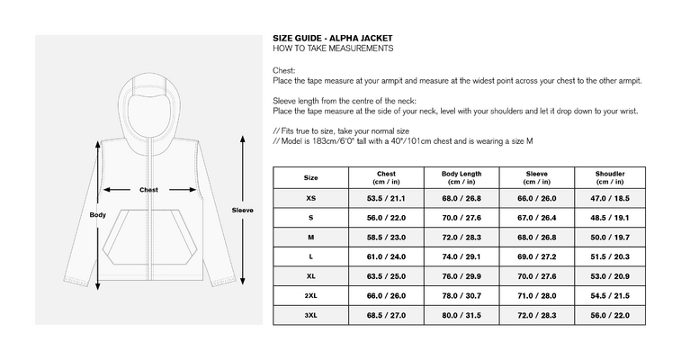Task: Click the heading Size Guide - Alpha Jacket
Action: [333, 38]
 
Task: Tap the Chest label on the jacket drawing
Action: [148, 190]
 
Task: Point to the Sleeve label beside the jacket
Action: [242, 211]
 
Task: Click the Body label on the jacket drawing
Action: [98, 214]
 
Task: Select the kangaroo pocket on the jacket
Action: [150, 237]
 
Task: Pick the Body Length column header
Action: [461, 177]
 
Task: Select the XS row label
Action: [311, 198]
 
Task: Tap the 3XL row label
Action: [311, 315]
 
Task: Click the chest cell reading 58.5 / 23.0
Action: [386, 238]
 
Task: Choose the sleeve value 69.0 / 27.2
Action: [537, 257]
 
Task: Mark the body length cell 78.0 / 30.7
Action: [461, 296]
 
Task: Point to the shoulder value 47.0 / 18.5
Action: [610, 199]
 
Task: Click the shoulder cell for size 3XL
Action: [610, 316]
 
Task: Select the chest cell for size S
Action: [386, 218]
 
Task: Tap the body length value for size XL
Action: [461, 276]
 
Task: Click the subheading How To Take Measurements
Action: [333, 49]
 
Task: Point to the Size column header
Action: [311, 177]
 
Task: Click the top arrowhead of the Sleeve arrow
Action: [243, 139]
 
